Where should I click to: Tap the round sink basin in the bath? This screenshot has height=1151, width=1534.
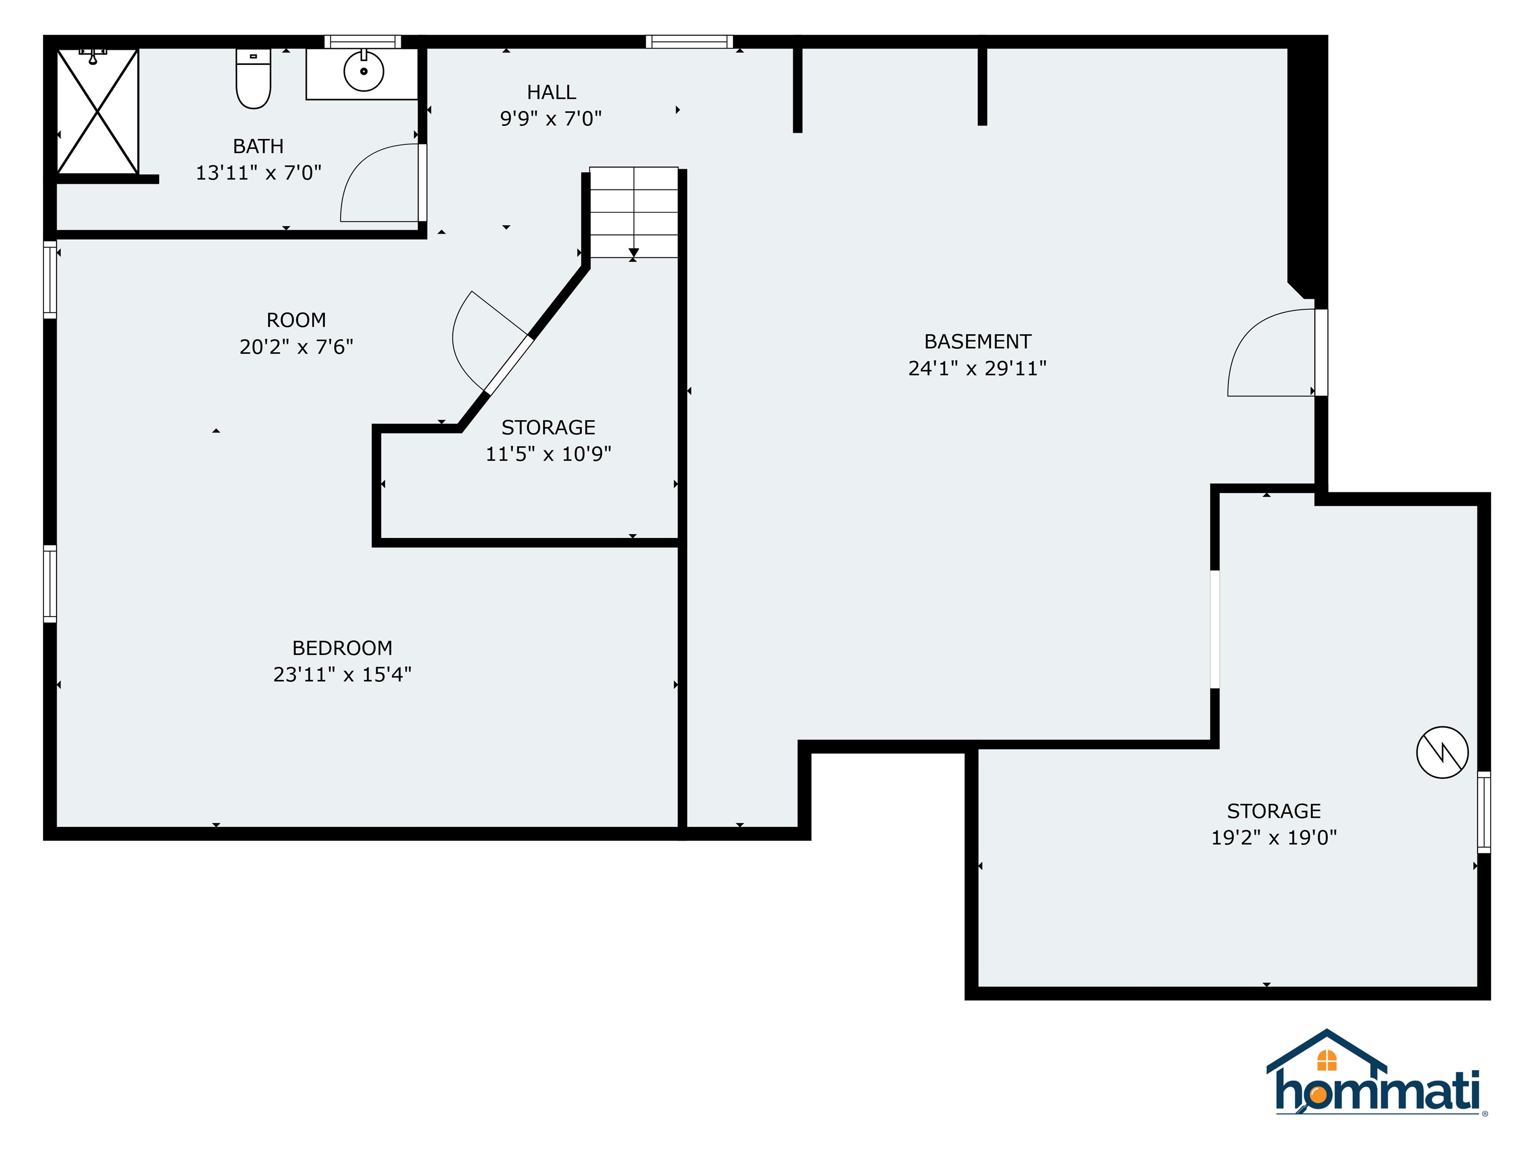364,71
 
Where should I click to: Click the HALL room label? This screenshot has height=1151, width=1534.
551,92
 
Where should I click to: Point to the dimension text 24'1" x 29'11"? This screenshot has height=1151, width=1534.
977,368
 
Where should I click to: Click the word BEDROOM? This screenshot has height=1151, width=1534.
343,648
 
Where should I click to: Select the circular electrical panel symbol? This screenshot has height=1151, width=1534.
1442,752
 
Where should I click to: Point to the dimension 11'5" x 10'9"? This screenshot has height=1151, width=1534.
548,454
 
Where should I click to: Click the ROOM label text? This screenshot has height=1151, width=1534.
296,320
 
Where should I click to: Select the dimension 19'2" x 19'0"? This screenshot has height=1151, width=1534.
1274,837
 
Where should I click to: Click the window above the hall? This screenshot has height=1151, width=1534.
689,41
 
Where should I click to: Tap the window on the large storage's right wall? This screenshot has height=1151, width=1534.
1484,812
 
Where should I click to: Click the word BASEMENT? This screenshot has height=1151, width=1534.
977,341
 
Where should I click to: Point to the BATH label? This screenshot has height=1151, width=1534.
258,146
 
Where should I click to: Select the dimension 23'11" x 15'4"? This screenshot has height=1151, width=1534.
343,674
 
